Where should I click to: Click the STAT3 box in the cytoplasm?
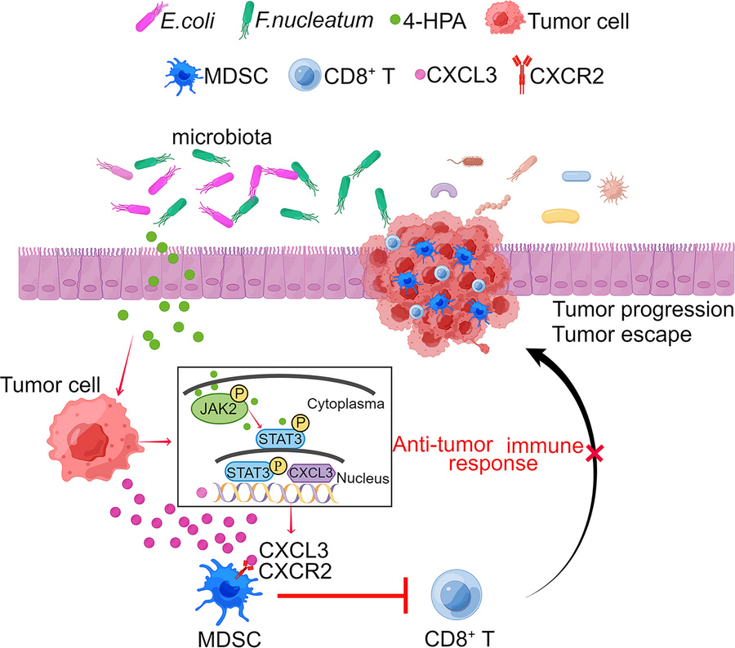[x=282, y=440]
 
